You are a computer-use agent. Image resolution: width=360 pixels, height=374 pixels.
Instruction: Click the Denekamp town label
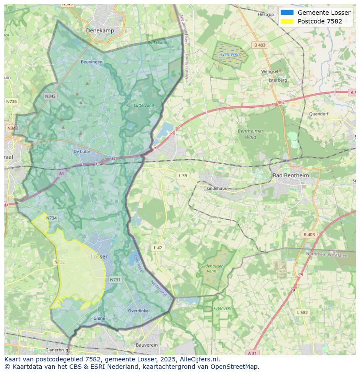pyautogui.click(x=100, y=30)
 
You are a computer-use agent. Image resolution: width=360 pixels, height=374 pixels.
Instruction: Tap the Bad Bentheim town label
pyautogui.click(x=290, y=175)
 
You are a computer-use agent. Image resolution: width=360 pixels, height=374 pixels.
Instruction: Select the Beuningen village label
pyautogui.click(x=92, y=62)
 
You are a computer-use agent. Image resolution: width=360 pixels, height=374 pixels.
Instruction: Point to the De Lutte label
pyautogui.click(x=82, y=152)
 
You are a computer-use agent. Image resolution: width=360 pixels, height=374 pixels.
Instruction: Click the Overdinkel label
pyautogui.click(x=139, y=311)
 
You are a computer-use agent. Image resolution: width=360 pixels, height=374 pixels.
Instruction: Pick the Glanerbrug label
pyautogui.click(x=57, y=350)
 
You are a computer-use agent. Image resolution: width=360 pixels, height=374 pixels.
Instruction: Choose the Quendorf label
pyautogui.click(x=318, y=114)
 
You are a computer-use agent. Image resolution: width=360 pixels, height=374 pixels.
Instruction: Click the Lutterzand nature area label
pyautogui.click(x=144, y=106)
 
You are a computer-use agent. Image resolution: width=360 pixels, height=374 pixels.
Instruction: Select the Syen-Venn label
pyautogui.click(x=230, y=55)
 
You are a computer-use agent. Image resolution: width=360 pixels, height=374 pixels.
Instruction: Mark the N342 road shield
pyautogui.click(x=50, y=96)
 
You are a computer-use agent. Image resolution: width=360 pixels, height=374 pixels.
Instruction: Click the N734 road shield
pyautogui.click(x=51, y=218)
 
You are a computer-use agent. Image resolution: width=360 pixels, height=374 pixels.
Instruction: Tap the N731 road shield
pyautogui.click(x=115, y=280)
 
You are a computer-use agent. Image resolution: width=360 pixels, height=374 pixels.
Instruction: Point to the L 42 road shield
pyautogui.click(x=158, y=248)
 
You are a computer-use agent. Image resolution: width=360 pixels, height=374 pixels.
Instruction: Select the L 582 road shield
pyautogui.click(x=302, y=312)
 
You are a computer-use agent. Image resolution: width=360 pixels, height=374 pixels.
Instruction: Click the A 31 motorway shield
pyautogui.click(x=252, y=353)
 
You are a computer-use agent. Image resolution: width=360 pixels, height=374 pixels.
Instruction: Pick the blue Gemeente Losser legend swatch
pyautogui.click(x=287, y=13)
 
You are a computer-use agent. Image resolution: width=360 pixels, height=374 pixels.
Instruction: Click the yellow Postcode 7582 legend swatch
pyautogui.click(x=287, y=21)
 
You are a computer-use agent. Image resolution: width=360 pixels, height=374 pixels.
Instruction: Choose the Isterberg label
pyautogui.click(x=278, y=80)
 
